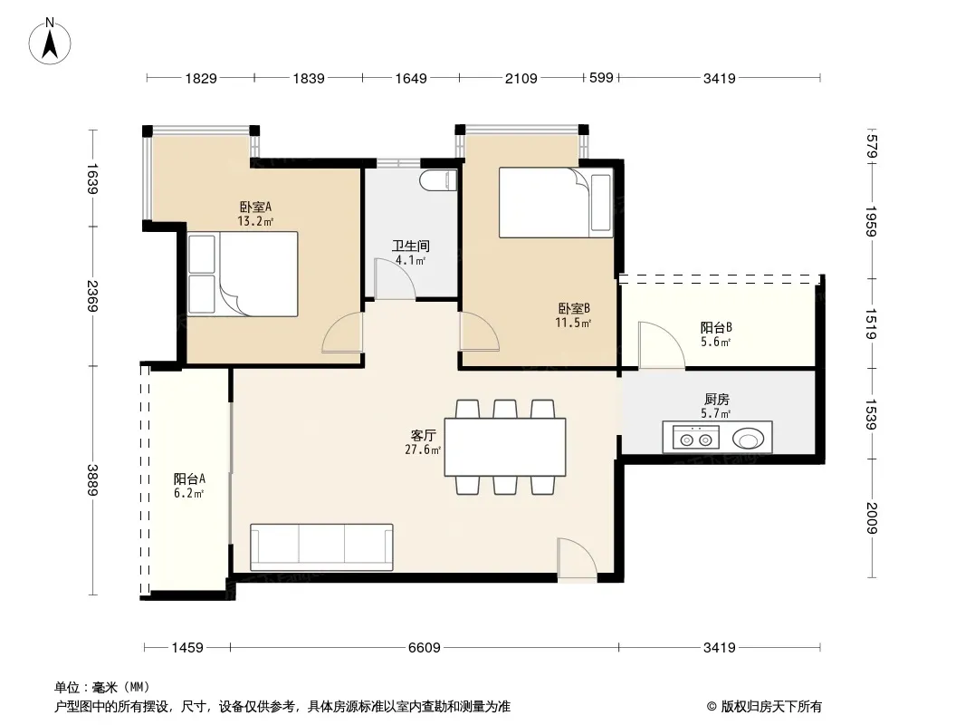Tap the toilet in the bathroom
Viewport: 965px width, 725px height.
[439, 180]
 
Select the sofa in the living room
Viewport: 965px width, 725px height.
[321, 547]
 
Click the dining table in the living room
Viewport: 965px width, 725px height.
[505, 447]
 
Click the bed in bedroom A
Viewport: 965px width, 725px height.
[243, 274]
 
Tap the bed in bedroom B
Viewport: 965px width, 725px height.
[556, 202]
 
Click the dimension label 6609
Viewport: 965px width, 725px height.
[424, 647]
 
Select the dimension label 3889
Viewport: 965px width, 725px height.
[92, 479]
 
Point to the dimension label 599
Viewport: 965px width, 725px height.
[601, 78]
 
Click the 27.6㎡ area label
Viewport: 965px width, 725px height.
[423, 449]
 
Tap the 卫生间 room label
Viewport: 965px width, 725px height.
[410, 246]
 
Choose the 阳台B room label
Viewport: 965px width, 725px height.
[716, 328]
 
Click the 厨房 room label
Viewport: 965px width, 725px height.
[716, 399]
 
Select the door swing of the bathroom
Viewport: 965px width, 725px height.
[395, 279]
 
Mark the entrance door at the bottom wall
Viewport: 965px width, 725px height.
[578, 559]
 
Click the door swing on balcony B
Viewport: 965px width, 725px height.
[662, 345]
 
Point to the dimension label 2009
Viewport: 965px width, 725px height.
[871, 518]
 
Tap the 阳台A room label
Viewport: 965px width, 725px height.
[189, 478]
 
